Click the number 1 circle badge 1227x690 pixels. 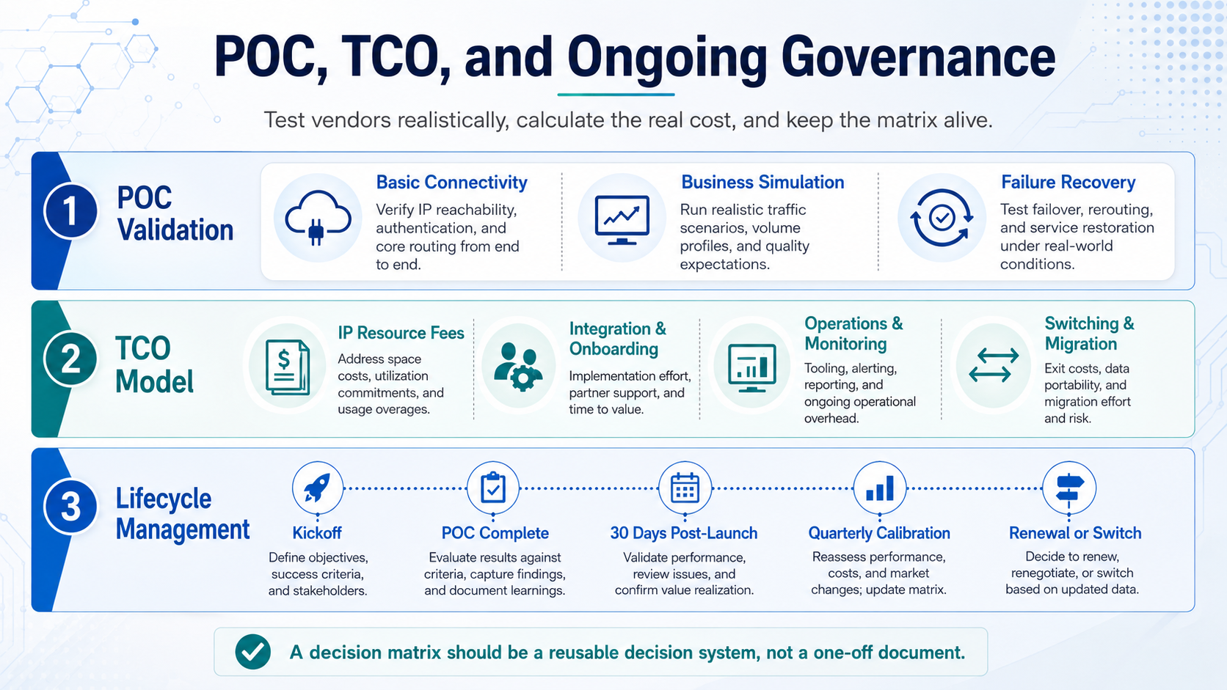(70, 212)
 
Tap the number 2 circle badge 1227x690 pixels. (70, 359)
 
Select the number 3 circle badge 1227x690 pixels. (70, 507)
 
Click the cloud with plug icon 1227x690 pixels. (318, 218)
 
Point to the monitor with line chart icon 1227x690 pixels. (622, 219)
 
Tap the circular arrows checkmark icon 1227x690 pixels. (942, 218)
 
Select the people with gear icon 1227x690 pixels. (518, 367)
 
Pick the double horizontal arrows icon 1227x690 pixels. (994, 365)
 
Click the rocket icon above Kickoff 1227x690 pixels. (318, 488)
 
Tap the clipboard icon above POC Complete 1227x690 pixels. (493, 488)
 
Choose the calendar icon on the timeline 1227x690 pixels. (685, 488)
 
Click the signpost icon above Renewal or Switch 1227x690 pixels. (1069, 488)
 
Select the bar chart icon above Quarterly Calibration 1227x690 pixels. (880, 488)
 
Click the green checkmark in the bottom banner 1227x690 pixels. (252, 652)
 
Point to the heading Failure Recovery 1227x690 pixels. (1068, 182)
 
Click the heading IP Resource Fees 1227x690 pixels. (401, 333)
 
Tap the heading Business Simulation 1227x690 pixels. (762, 182)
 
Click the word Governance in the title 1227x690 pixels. (918, 57)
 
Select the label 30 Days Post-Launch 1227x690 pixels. (684, 533)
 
